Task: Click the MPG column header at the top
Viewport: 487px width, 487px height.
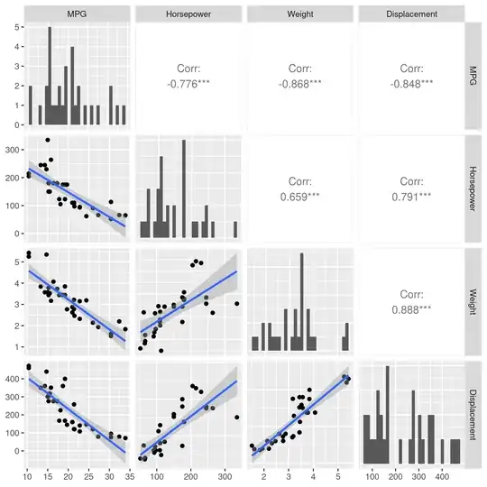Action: coord(77,14)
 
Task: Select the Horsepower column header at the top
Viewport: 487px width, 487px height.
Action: coord(188,14)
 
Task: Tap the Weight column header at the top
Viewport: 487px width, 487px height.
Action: coord(299,14)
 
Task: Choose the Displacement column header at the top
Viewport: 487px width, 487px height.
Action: coord(411,14)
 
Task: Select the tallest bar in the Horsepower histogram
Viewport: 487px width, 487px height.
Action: coord(184,189)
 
